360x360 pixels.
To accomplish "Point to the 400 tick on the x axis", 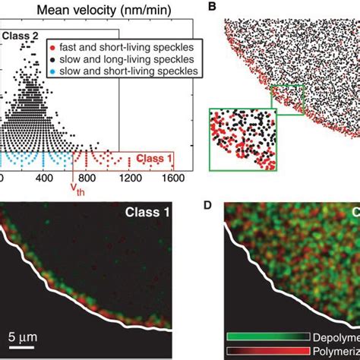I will pyautogui.click(x=43, y=177).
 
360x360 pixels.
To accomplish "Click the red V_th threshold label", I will pyautogui.click(x=76, y=188).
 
